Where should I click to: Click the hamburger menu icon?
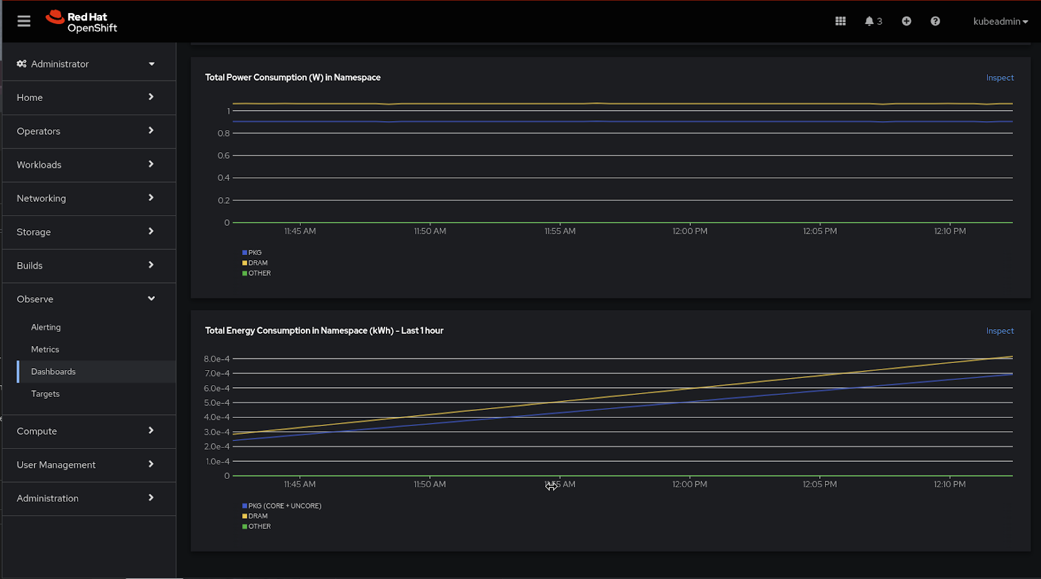[x=24, y=21]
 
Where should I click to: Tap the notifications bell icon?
[x=869, y=21]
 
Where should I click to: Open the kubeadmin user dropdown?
[x=1000, y=21]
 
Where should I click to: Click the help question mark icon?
[x=935, y=21]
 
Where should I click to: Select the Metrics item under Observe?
[x=45, y=349]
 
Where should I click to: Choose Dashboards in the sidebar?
[x=53, y=371]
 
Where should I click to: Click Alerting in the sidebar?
[x=46, y=327]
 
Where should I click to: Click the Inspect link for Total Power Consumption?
[x=999, y=78]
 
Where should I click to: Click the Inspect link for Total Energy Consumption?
[x=999, y=331]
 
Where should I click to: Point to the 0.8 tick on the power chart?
[x=224, y=133]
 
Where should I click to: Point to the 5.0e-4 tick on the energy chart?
[x=217, y=403]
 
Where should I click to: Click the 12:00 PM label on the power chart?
[x=690, y=231]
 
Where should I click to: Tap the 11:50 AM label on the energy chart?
[x=429, y=484]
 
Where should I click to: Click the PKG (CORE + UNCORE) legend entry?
[x=284, y=505]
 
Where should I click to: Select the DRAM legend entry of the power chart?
[x=258, y=263]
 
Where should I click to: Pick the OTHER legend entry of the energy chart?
[x=259, y=526]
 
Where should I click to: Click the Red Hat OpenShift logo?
[x=82, y=21]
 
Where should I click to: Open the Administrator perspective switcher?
[x=85, y=64]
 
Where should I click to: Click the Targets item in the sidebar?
[x=45, y=394]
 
